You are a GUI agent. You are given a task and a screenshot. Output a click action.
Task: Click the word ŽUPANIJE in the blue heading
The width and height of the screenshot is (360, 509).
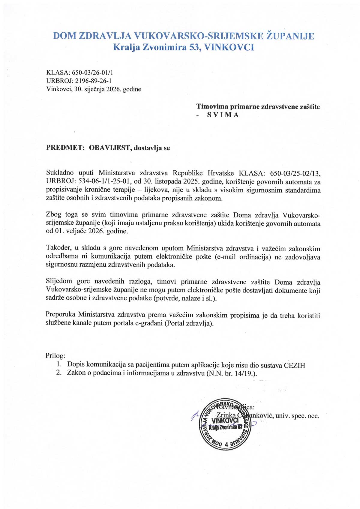(x=290, y=36)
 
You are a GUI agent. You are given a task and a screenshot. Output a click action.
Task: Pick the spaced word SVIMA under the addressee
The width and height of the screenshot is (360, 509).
(x=223, y=115)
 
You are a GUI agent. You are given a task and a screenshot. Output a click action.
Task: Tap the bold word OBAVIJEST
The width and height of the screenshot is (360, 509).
(x=110, y=148)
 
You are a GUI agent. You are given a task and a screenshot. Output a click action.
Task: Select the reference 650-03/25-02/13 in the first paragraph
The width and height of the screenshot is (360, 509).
(x=295, y=173)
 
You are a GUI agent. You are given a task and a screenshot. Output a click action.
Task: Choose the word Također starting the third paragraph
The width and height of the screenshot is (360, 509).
(x=58, y=248)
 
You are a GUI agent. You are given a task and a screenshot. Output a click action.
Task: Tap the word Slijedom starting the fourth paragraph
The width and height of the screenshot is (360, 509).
(x=59, y=282)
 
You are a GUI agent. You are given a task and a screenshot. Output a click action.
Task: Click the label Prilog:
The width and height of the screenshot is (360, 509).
(x=55, y=356)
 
